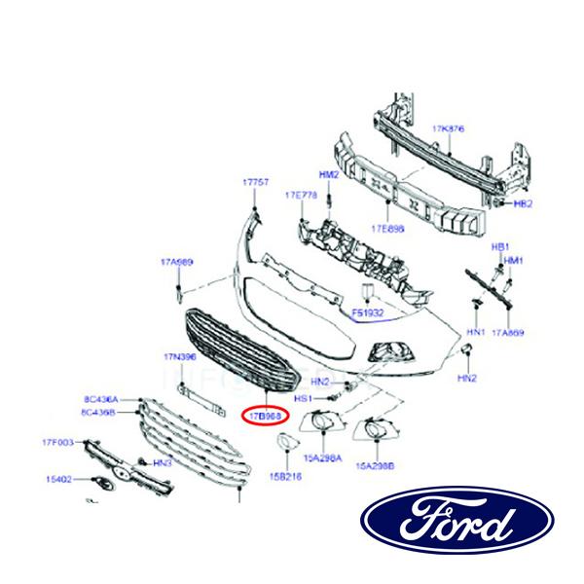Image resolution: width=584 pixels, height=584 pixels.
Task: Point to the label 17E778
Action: coord(301,196)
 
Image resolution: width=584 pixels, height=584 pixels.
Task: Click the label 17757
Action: coord(255,183)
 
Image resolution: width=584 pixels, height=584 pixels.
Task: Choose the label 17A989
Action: coord(177,262)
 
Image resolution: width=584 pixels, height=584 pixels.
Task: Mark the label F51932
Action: coord(368,314)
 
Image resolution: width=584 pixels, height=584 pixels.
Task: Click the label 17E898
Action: coord(386,230)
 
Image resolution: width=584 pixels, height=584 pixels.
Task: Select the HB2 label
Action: coord(523,204)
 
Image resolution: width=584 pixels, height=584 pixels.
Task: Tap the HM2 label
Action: coord(329,174)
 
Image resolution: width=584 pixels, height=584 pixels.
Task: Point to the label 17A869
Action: coord(507,333)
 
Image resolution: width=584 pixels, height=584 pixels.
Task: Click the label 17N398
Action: coord(180,357)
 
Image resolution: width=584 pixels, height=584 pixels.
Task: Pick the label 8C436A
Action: coord(100,399)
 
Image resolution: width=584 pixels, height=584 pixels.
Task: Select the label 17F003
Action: coord(57,444)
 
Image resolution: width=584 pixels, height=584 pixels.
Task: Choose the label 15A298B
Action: coord(376,465)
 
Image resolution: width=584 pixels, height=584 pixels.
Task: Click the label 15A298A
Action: coord(321,456)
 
